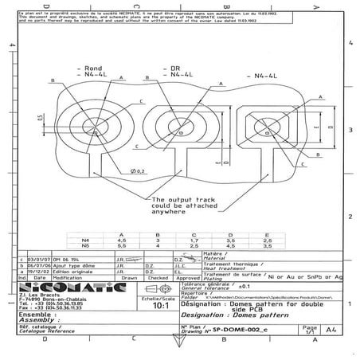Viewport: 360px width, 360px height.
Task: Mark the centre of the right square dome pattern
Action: [x=270, y=127]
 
